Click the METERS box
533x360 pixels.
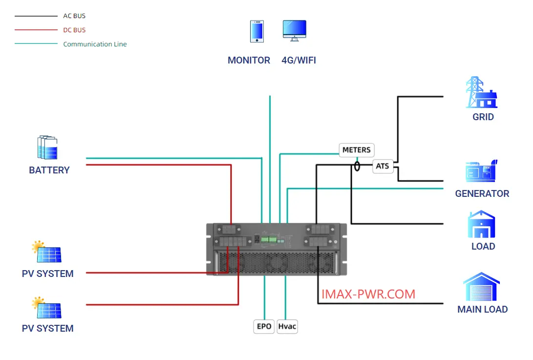357,150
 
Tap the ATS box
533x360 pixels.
383,166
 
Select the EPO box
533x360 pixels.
264,326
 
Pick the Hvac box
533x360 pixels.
287,326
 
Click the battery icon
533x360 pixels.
47,147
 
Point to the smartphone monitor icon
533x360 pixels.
257,31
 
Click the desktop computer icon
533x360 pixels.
295,31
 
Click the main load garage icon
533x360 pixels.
481,287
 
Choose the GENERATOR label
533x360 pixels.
482,193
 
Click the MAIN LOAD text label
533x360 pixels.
482,309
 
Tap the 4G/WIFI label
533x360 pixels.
299,60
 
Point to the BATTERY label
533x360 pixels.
49,170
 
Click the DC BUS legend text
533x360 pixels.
74,30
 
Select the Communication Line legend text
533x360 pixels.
95,44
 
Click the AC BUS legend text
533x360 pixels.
74,16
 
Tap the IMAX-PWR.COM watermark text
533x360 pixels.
368,294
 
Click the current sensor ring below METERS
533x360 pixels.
357,166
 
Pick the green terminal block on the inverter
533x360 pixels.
269,239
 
